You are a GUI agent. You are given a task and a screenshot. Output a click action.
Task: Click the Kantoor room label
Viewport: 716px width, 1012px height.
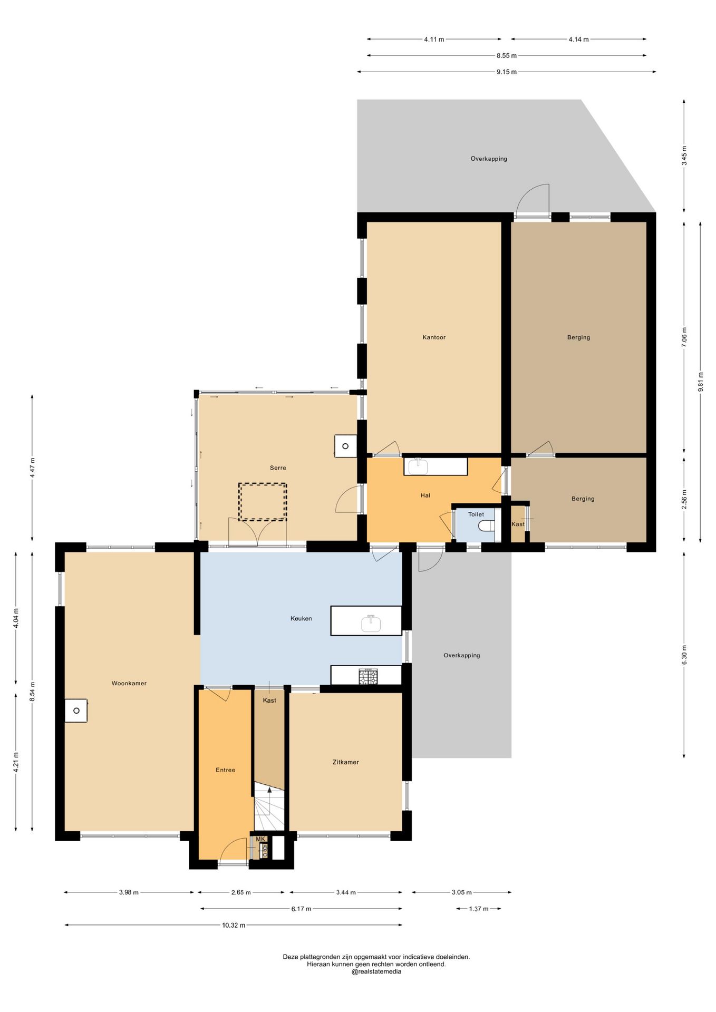click(434, 337)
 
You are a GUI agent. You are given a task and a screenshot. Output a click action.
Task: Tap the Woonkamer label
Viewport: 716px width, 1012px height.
click(129, 683)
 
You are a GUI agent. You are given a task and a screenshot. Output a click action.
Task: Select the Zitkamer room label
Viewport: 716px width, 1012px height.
click(346, 762)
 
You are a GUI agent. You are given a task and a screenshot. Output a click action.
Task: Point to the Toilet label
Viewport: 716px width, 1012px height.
click(476, 514)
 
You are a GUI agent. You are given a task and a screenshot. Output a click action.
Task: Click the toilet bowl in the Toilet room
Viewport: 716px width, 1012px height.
click(487, 526)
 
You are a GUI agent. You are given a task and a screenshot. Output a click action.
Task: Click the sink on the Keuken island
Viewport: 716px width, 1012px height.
click(371, 623)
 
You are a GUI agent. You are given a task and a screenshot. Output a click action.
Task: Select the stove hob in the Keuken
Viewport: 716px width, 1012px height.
click(369, 676)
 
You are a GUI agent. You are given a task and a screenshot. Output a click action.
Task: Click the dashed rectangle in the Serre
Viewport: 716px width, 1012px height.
click(263, 502)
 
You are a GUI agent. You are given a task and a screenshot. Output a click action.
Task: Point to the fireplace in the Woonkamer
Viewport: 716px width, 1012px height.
click(76, 711)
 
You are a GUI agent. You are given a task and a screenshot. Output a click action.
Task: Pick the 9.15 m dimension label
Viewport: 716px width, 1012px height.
click(506, 72)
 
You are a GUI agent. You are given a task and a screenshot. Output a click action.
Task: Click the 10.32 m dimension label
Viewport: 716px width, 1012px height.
click(234, 925)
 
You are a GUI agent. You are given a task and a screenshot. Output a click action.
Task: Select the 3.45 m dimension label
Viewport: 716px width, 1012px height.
click(684, 155)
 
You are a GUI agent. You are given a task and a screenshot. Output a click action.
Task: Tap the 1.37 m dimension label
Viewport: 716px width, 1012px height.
click(479, 909)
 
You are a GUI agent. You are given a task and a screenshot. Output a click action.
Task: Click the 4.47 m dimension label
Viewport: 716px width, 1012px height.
click(32, 468)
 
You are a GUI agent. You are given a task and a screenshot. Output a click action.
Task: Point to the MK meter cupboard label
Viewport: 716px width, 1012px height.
click(260, 839)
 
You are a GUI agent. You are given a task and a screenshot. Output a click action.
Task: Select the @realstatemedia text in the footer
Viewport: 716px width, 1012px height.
click(376, 971)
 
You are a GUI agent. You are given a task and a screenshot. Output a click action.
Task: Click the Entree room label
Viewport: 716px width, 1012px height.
click(226, 770)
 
